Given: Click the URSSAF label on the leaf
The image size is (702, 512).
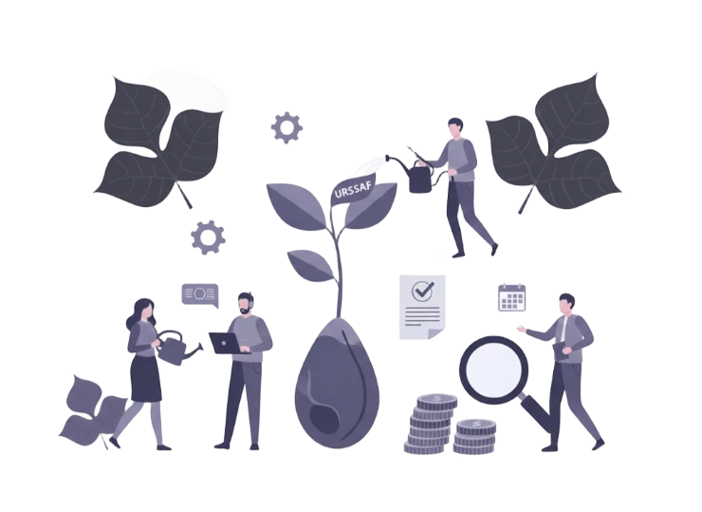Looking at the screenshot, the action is (x=353, y=192).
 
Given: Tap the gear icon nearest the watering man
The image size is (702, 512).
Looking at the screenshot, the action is (x=286, y=128).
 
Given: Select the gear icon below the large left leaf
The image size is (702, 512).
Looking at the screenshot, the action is (x=208, y=237).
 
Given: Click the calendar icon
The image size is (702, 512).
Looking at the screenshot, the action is (x=511, y=297).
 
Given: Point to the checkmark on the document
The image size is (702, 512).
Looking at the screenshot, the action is (x=422, y=291).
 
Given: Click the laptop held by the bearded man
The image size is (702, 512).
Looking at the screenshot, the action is (x=227, y=344).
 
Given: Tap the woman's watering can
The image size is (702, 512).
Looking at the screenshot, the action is (x=175, y=348).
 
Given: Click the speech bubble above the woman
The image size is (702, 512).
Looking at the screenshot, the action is (x=200, y=295).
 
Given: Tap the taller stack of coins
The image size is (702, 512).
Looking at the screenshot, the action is (x=430, y=424).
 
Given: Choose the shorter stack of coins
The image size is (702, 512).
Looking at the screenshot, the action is (x=474, y=436).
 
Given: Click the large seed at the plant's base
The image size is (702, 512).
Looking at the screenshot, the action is (x=337, y=384).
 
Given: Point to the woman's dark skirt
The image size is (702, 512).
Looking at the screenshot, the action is (x=145, y=379).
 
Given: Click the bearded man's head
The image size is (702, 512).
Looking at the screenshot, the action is (x=245, y=304).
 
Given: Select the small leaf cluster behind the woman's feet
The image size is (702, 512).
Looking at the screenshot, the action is (x=93, y=412).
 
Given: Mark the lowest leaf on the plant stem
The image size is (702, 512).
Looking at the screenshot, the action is (x=311, y=265).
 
